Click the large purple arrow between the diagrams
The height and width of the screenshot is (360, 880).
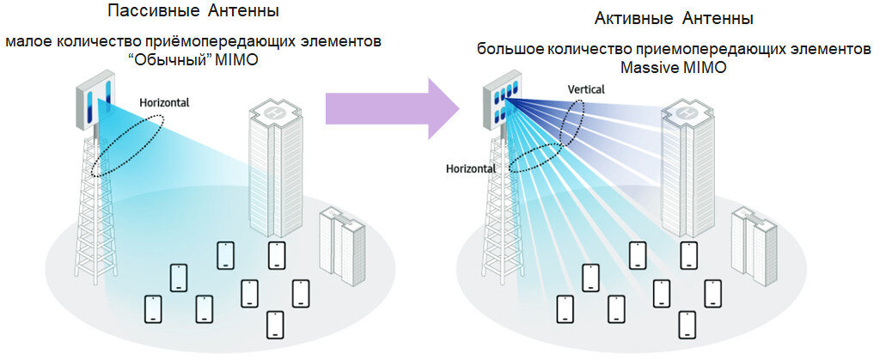(x=391, y=108)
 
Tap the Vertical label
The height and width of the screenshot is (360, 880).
(x=586, y=89)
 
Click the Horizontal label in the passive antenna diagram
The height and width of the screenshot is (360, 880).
(x=164, y=102)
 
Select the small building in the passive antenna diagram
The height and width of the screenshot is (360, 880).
(x=342, y=243)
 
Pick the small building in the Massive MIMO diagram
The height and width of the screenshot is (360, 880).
(x=754, y=243)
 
